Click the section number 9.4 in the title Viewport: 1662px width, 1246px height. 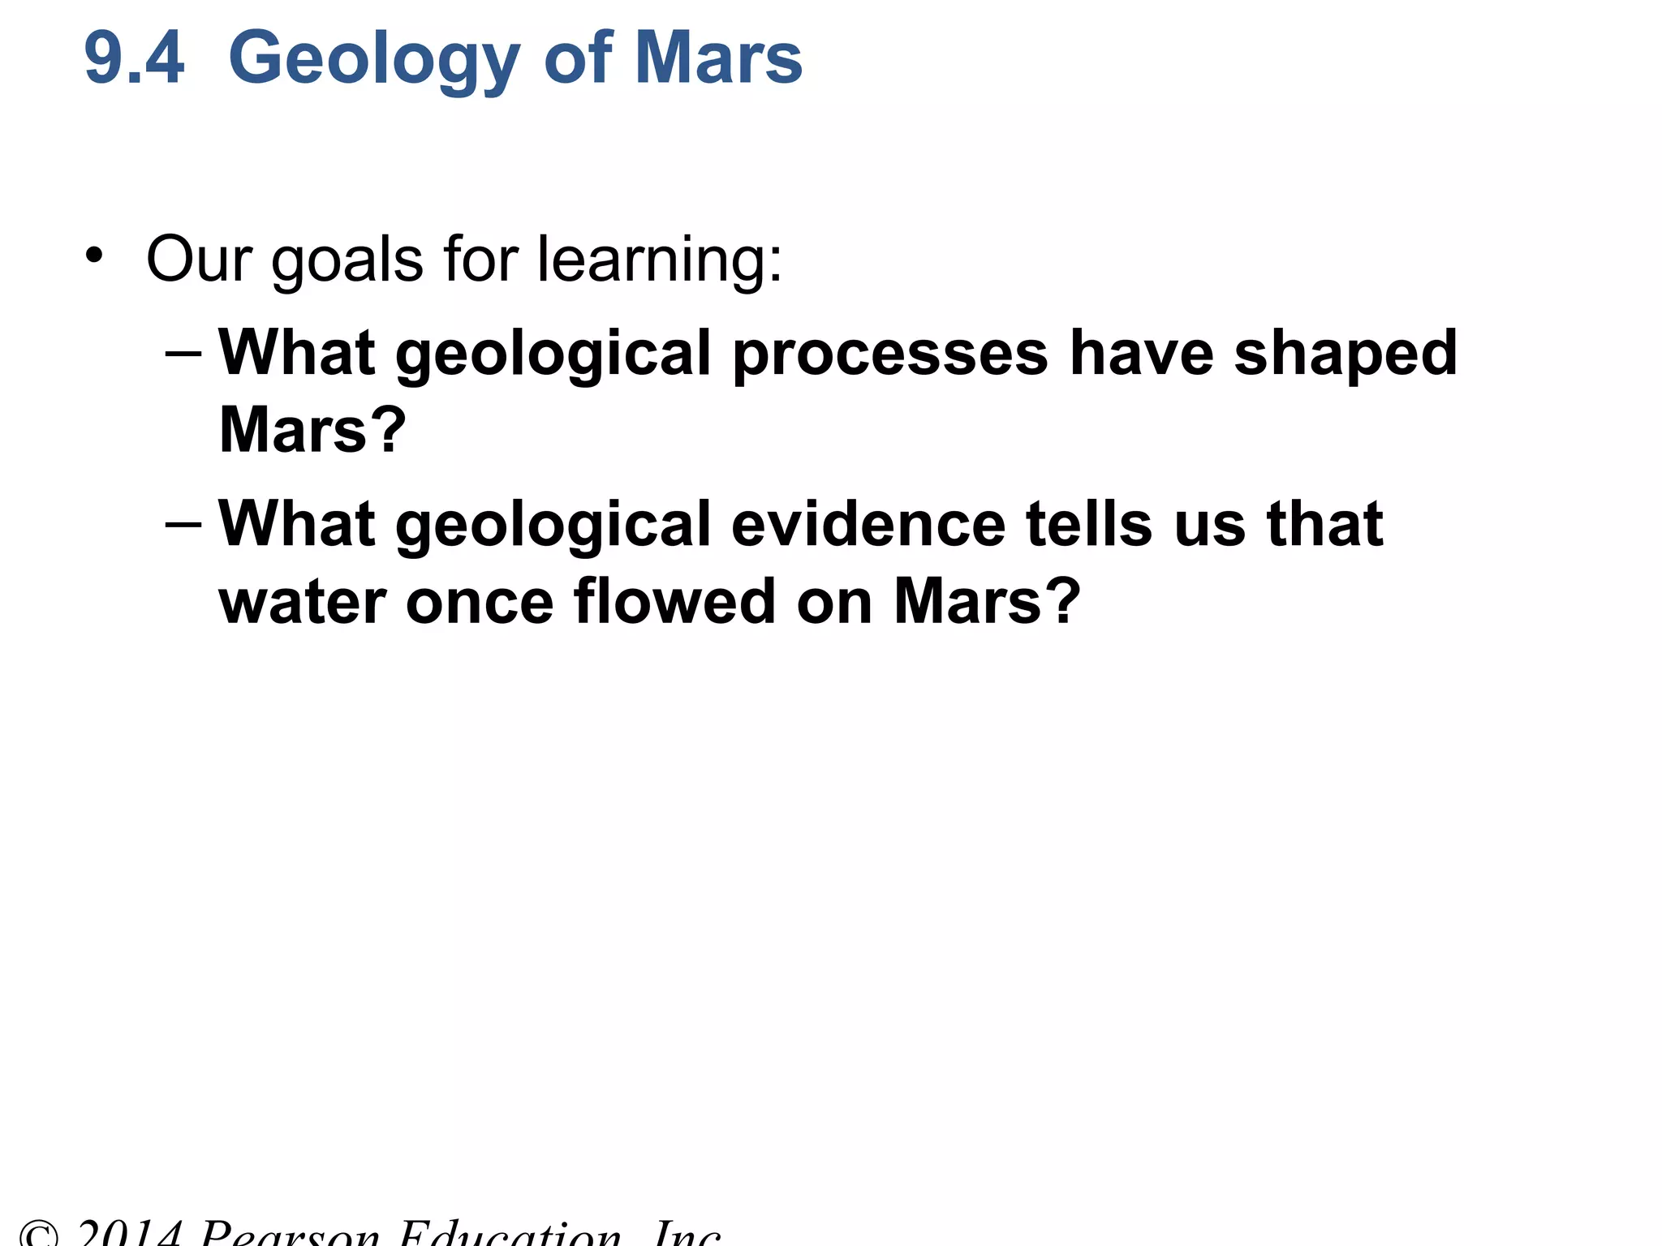click(x=135, y=58)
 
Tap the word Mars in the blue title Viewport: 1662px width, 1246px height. click(x=718, y=58)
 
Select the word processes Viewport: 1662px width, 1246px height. click(x=890, y=355)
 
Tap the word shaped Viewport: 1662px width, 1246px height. click(x=1346, y=355)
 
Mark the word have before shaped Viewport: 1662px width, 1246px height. click(x=1141, y=354)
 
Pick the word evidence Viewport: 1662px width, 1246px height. click(x=868, y=525)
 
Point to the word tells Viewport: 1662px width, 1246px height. click(x=1089, y=525)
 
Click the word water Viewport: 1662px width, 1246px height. click(x=302, y=603)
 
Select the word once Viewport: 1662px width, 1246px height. click(x=479, y=603)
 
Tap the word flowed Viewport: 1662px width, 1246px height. click(x=674, y=601)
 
